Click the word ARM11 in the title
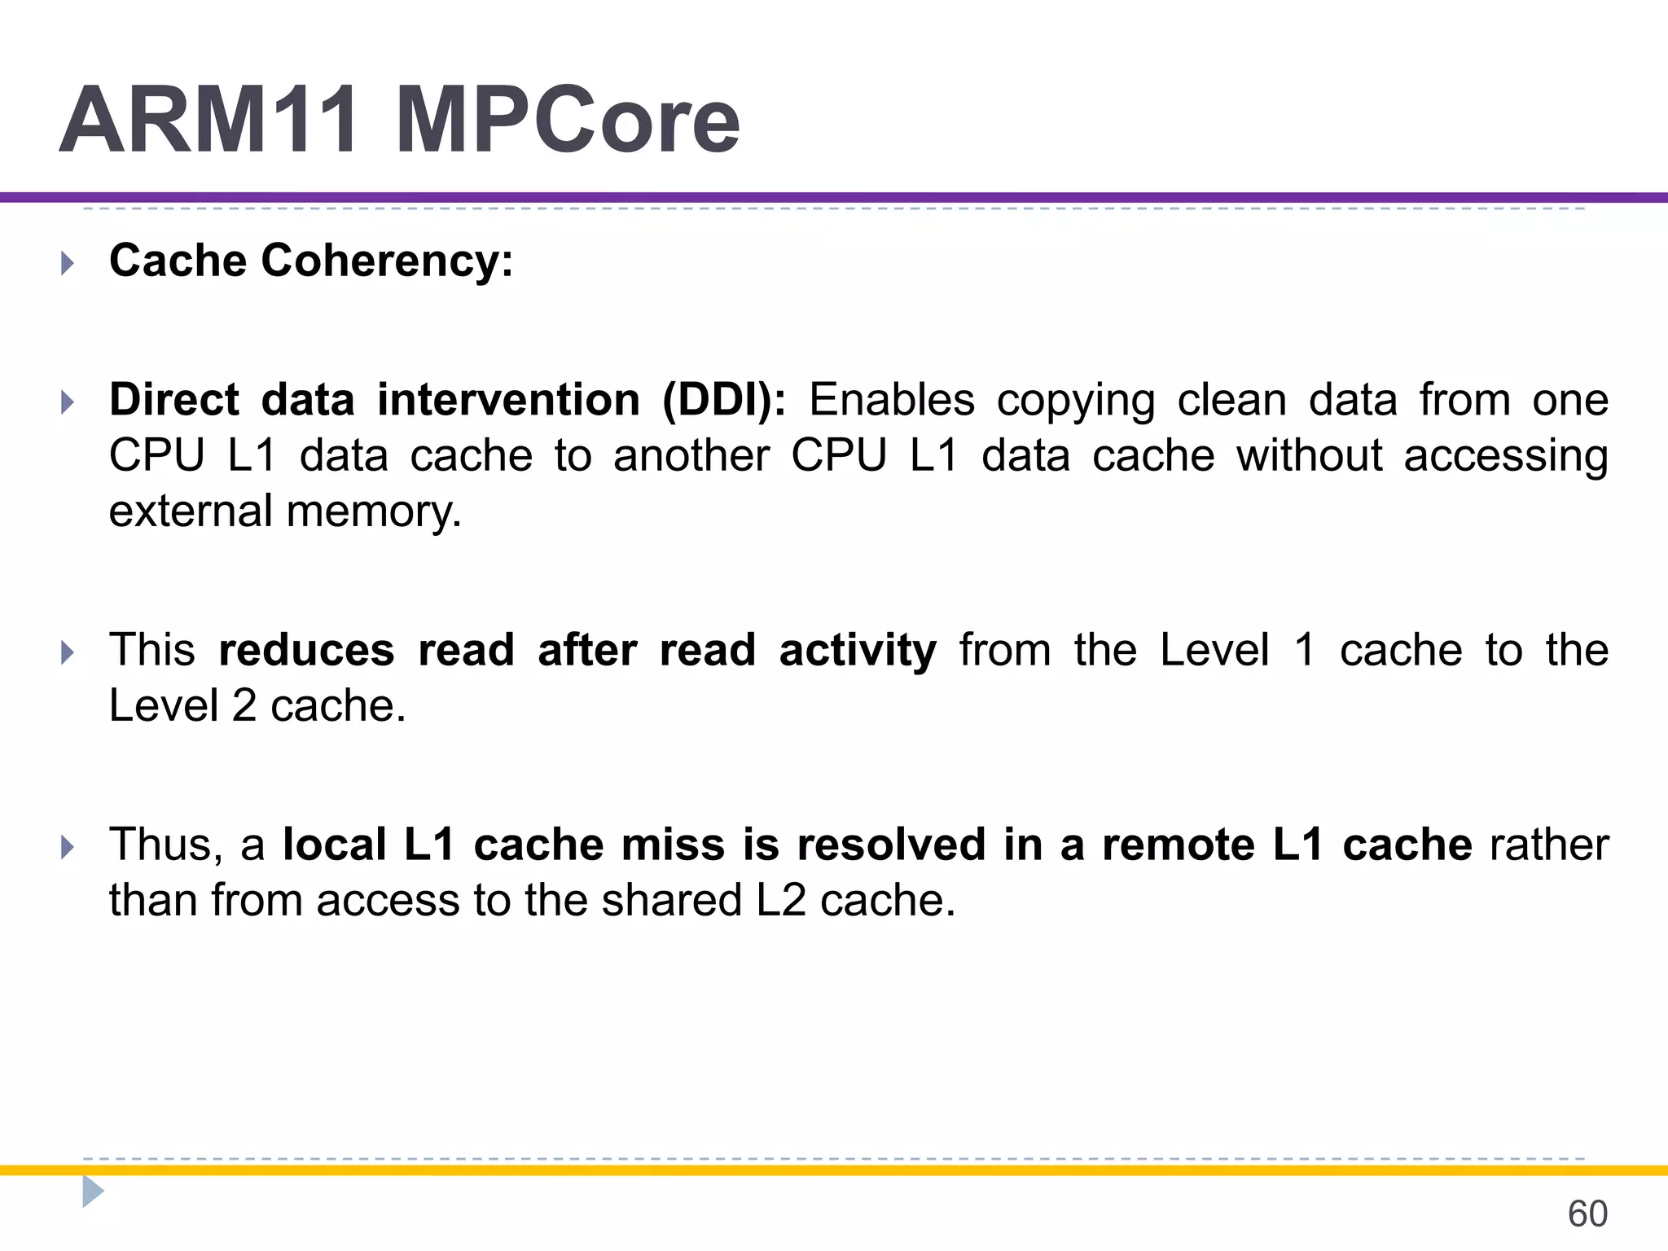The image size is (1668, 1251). coord(208,121)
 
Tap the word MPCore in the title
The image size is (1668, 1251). coord(568,121)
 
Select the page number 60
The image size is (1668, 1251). coord(1587,1214)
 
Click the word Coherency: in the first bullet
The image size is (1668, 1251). coord(387,261)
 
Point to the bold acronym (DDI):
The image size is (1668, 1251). coord(724,401)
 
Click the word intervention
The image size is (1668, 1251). coord(508,401)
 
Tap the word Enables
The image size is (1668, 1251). coord(892,401)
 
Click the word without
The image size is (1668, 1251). coord(1309,455)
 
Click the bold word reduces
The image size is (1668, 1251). coord(306,651)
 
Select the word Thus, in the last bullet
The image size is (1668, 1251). coord(166,845)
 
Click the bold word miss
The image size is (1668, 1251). coord(673,845)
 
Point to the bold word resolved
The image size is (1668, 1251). coord(891,845)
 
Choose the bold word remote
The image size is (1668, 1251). coord(1178,845)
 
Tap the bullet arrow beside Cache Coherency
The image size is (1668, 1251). coord(68,263)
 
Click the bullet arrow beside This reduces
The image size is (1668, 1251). coord(68,652)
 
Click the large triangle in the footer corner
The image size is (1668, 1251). coord(92,1192)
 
